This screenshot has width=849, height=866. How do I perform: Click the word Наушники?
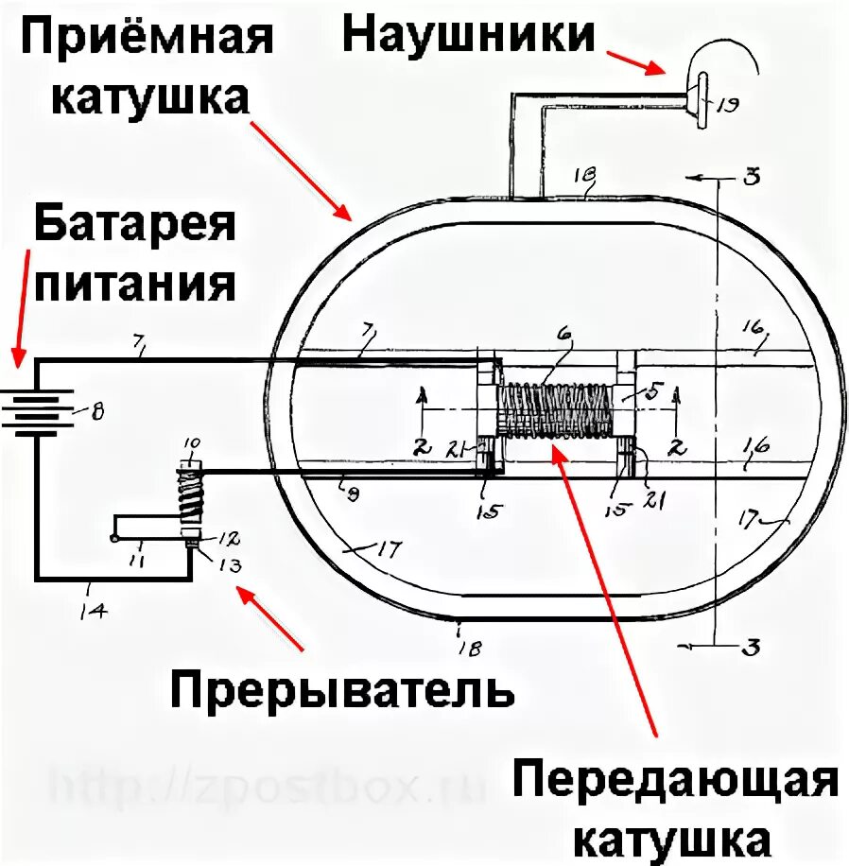pos(469,35)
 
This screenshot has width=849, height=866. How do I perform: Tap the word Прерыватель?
pos(342,690)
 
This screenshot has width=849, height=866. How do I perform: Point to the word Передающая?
pos(676,783)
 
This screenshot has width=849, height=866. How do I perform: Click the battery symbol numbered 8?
pos(39,409)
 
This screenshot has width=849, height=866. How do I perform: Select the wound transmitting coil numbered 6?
pos(553,411)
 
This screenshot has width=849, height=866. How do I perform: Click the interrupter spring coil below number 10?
pos(191,499)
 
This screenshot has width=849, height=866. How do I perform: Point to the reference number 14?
pos(95,611)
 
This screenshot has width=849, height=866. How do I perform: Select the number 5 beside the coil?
pos(655,389)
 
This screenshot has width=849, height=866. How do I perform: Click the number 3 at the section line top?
pos(753,177)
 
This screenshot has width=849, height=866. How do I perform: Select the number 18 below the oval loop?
pos(470,648)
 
